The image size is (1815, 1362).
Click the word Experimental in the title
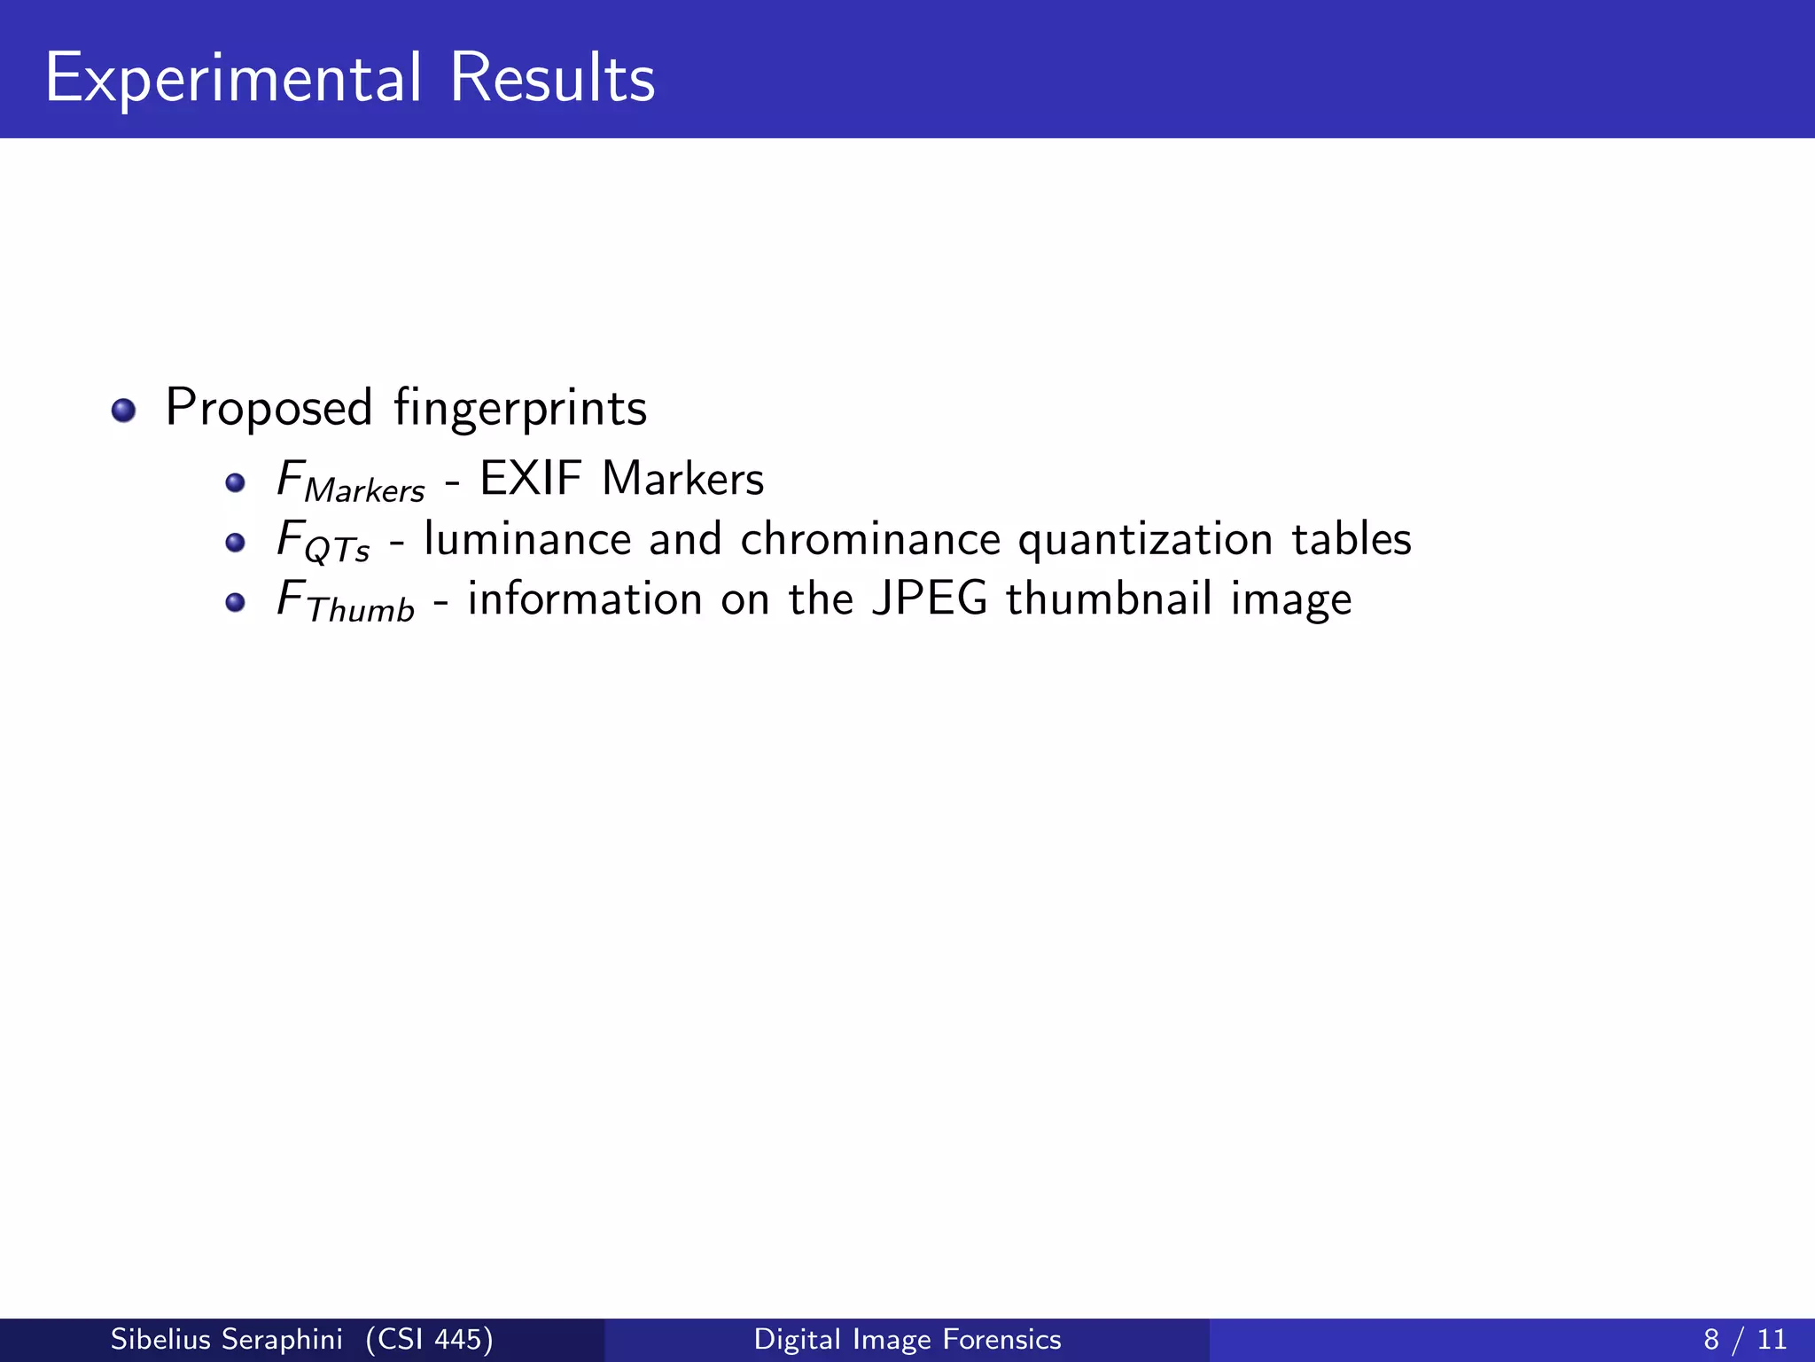233,78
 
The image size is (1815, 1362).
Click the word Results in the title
552,78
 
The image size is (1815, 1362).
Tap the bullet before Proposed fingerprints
123,411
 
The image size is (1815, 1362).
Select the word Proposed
269,408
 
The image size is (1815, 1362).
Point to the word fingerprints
520,408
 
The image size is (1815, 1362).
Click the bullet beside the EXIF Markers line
235,482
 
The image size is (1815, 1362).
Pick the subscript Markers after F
364,490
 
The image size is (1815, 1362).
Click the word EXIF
531,479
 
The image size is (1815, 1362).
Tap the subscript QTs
337,551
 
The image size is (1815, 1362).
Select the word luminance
527,539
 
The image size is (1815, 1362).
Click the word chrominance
870,539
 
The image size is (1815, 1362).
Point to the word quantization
1145,539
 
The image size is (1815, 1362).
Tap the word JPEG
930,599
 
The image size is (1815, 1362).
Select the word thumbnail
1109,599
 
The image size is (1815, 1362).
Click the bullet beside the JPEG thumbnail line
235,603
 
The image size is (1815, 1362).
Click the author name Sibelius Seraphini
226,1339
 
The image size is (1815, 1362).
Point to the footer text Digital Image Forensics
907,1339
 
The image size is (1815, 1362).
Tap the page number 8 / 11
1745,1339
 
